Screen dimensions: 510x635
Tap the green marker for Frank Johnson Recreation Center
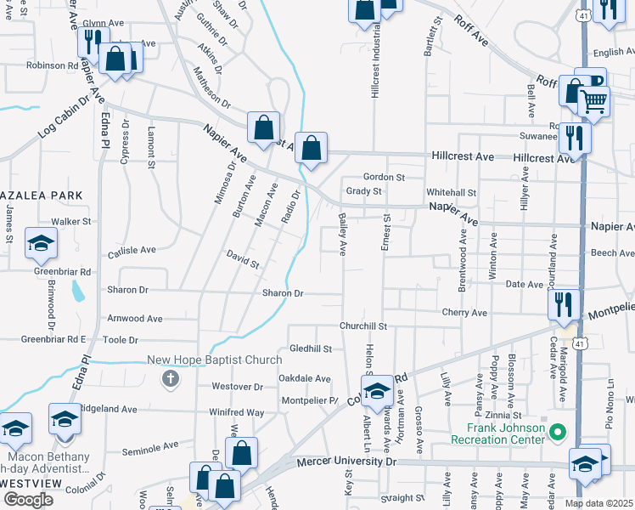coord(558,433)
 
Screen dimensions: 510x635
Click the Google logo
coord(27,500)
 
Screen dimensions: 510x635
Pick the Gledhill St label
coord(311,348)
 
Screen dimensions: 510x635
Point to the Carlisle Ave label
coord(132,251)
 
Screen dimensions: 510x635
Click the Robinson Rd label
coord(52,65)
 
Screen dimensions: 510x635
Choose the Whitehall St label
coord(451,193)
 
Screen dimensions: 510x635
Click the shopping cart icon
coord(594,101)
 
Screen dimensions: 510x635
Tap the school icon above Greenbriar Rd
coord(40,244)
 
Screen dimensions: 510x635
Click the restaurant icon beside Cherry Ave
coord(564,304)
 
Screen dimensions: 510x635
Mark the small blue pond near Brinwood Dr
coord(79,292)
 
